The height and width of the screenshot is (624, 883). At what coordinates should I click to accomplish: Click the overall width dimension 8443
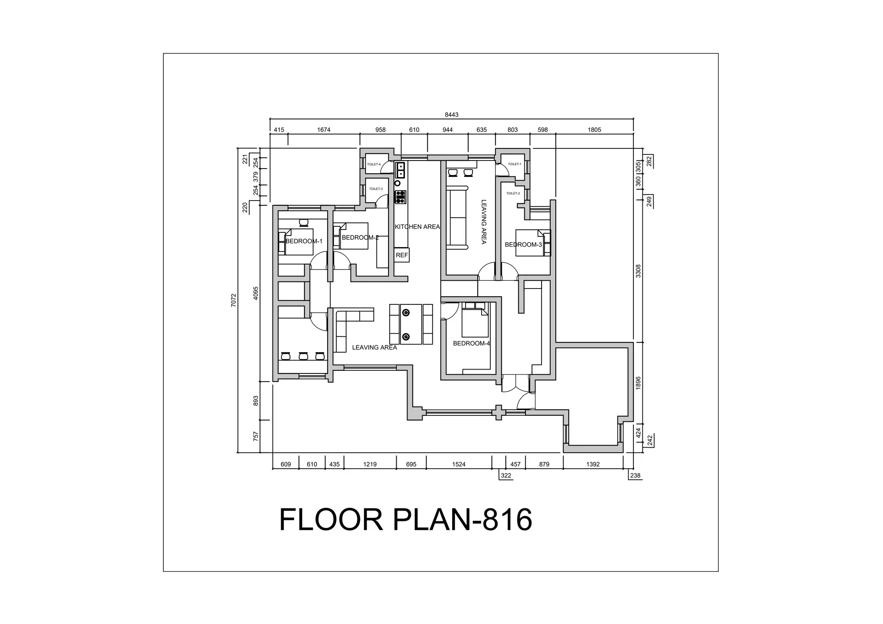point(451,115)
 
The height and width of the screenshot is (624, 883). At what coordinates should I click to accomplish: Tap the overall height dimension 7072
point(234,300)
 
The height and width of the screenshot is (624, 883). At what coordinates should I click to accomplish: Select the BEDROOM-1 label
point(304,241)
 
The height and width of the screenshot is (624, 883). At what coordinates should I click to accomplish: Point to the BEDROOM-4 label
point(471,343)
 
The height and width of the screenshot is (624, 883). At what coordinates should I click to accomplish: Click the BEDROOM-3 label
point(523,245)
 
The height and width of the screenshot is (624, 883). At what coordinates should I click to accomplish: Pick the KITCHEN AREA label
point(417,227)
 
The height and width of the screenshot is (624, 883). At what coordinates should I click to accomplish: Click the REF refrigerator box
point(402,255)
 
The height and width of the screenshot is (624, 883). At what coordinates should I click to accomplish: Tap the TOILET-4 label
point(374,164)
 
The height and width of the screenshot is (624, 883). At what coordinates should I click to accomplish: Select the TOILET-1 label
point(514,164)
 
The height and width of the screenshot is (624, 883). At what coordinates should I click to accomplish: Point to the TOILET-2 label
point(513,193)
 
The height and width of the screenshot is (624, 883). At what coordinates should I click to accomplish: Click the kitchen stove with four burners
point(401,197)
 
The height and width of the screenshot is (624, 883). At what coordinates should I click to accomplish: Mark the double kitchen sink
point(401,170)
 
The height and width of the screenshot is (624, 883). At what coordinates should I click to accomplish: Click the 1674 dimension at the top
point(323,130)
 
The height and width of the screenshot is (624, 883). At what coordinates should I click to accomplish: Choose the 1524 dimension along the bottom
point(459,464)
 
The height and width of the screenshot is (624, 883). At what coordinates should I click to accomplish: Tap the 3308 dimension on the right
point(639,271)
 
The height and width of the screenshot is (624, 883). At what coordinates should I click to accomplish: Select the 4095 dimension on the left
point(256,293)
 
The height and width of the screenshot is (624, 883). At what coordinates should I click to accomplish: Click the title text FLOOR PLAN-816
point(405,520)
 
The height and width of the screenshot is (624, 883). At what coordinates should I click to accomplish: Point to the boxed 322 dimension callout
point(506,476)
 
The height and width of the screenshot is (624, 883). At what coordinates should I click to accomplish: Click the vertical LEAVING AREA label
point(483,222)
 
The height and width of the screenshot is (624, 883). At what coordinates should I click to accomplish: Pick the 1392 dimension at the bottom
point(593,464)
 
